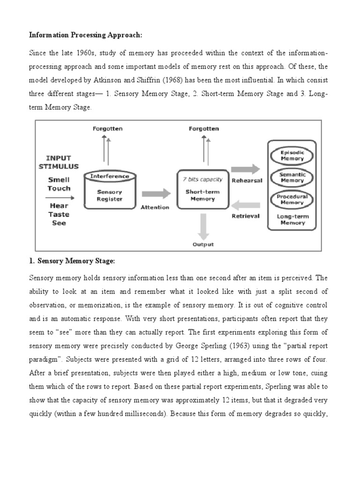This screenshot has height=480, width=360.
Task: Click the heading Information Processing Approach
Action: tap(78, 35)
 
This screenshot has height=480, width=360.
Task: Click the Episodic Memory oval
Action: tap(292, 156)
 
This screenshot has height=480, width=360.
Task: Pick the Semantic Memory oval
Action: tap(292, 178)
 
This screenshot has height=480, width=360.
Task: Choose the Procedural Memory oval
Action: tap(292, 200)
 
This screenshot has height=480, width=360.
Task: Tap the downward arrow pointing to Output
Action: tap(203, 225)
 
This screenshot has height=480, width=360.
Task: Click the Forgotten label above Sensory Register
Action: tap(108, 128)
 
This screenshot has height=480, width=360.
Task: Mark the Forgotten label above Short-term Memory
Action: tap(203, 128)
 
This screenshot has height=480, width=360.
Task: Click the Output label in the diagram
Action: tap(203, 244)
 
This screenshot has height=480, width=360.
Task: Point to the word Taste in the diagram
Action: tap(59, 215)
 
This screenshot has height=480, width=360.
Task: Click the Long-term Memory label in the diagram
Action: tap(292, 219)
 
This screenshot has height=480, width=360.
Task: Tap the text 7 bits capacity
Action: tap(203, 179)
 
